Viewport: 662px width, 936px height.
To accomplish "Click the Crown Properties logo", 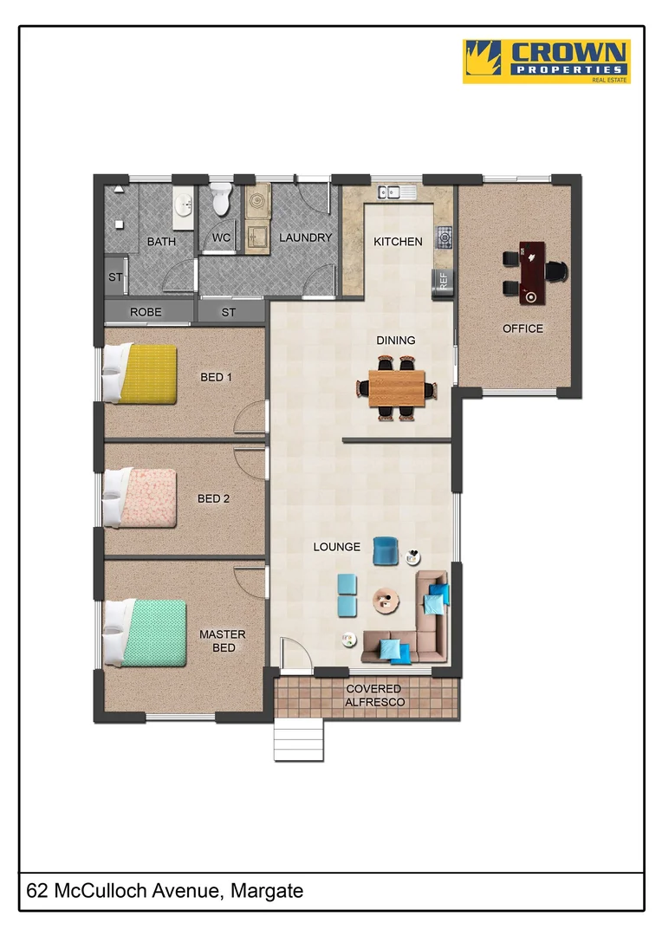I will click(x=546, y=61).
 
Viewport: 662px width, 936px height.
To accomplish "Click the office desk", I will click(x=531, y=273).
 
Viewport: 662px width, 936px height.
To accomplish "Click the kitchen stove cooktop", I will click(x=444, y=235).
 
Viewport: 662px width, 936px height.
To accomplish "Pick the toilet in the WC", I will click(x=220, y=200).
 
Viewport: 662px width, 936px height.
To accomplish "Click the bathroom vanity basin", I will click(x=183, y=205).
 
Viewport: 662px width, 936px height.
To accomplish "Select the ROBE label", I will click(x=146, y=312).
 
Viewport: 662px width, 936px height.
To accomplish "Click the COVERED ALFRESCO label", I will click(x=373, y=695).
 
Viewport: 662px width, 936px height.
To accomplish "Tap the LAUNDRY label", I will click(x=305, y=237).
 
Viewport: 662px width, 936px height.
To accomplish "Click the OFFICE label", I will click(x=522, y=328).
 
